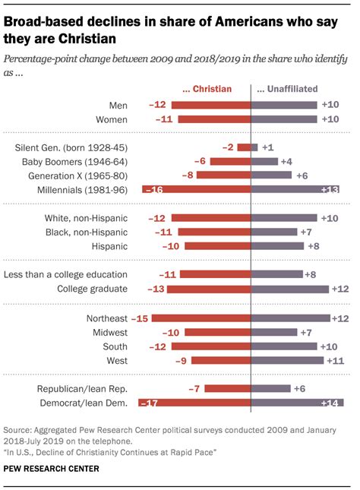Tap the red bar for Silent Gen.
(244, 147)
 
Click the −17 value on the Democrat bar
(153, 402)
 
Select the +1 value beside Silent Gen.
(267, 147)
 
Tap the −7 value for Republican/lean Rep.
(194, 388)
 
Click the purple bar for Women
(283, 119)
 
